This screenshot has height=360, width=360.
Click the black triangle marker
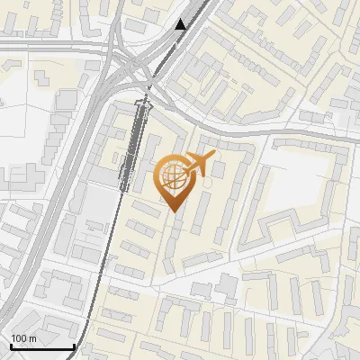181,24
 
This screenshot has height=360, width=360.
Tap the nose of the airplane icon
212,157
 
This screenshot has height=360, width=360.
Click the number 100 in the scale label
19,338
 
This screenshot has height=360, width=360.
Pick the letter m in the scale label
32,338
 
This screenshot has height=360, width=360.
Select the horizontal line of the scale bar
42,347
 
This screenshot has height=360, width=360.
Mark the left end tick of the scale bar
11,346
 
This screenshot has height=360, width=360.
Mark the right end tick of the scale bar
74,346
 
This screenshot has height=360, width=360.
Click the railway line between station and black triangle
162,63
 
